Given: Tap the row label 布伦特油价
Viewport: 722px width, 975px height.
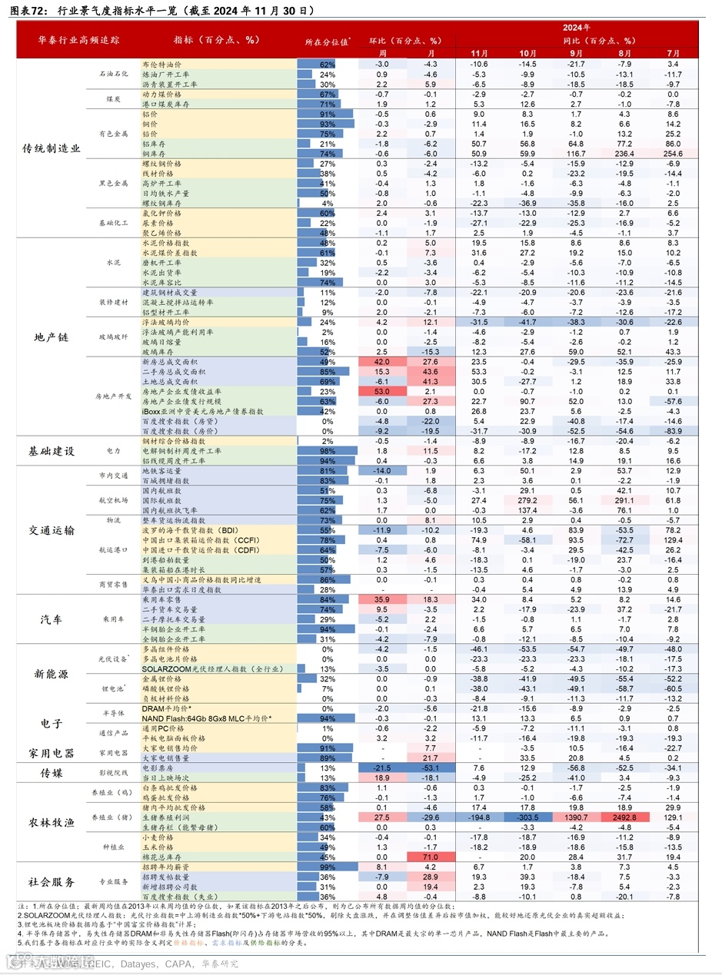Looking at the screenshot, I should pyautogui.click(x=161, y=64).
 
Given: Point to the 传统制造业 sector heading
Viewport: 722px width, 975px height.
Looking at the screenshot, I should pyautogui.click(x=52, y=149).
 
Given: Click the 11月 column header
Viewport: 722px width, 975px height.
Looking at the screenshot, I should pyautogui.click(x=479, y=52).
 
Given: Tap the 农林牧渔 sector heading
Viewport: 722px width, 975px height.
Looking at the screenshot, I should pyautogui.click(x=52, y=822).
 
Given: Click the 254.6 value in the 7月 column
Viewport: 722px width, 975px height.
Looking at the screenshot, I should pyautogui.click(x=673, y=154).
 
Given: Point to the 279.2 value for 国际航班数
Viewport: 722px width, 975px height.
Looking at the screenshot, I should pyautogui.click(x=527, y=500).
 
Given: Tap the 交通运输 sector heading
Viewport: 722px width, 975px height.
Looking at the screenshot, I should pyautogui.click(x=52, y=530).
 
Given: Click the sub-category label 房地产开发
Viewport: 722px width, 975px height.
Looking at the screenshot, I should pyautogui.click(x=113, y=396).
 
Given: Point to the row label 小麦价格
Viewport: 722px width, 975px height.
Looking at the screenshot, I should pyautogui.click(x=158, y=837).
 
